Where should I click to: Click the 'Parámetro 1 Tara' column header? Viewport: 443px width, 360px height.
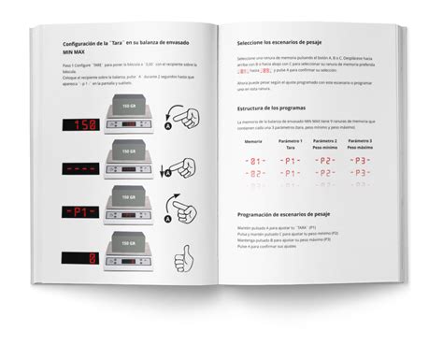click(x=291, y=142)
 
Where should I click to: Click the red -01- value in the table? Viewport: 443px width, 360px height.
click(x=254, y=161)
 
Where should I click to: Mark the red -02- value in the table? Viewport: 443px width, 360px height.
click(x=254, y=174)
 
